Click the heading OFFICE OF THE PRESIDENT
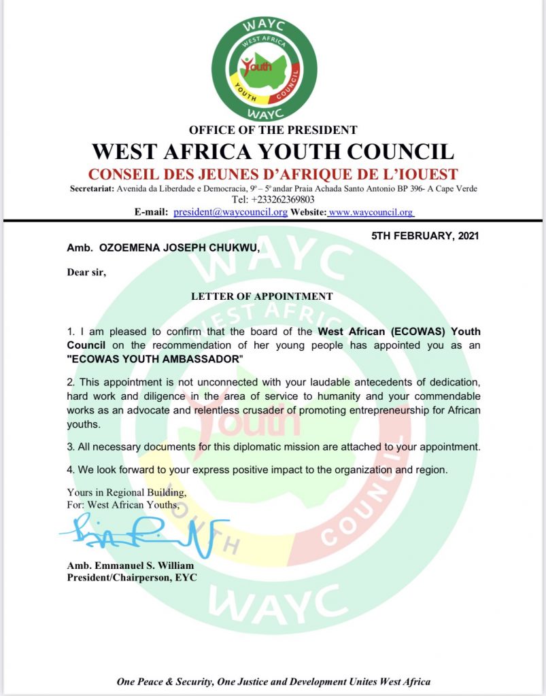tap(273, 130)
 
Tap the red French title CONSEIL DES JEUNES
tap(273, 173)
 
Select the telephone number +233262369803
tap(273, 200)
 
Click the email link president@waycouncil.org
tap(231, 212)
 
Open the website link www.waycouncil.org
tap(371, 212)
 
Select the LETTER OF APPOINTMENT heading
tap(262, 296)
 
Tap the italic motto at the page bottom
tap(273, 681)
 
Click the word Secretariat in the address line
tap(92, 188)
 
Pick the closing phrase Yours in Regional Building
tap(126, 492)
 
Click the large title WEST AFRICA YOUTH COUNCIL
tap(273, 151)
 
